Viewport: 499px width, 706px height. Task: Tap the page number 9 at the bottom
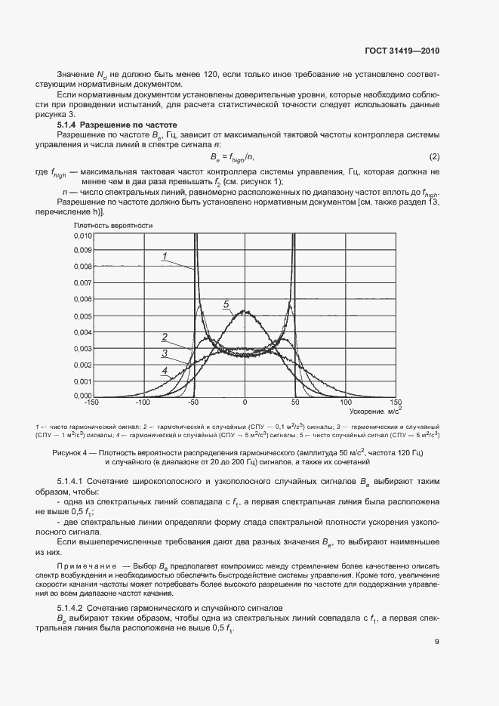click(x=437, y=643)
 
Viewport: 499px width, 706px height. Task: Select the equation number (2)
click(x=434, y=156)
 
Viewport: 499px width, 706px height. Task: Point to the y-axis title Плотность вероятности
click(x=113, y=225)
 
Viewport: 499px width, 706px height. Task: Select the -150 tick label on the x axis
click(x=93, y=403)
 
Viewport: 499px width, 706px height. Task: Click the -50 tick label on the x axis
click(x=193, y=403)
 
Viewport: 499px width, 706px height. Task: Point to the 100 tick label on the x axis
click(x=345, y=403)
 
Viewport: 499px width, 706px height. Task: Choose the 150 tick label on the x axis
click(x=396, y=403)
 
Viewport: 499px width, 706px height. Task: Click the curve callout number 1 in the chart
click(x=164, y=257)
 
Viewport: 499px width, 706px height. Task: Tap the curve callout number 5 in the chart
click(x=226, y=304)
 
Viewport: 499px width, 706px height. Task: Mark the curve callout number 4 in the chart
click(x=164, y=371)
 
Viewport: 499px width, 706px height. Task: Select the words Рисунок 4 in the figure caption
click(x=72, y=452)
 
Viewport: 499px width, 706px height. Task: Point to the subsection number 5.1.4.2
click(x=72, y=607)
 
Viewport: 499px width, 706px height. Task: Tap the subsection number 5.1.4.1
click(x=72, y=482)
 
